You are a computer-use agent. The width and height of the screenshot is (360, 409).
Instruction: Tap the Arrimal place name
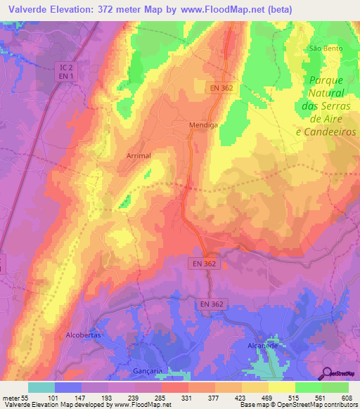(x=139, y=155)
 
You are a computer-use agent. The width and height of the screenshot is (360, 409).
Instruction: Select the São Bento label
(x=326, y=48)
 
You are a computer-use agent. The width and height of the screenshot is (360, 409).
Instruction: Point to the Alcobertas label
(x=83, y=335)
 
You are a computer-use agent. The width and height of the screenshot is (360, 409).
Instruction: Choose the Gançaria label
(x=147, y=370)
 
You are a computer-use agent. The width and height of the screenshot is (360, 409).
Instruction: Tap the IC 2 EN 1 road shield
(x=65, y=70)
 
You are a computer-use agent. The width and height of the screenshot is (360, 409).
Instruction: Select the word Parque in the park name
(x=326, y=80)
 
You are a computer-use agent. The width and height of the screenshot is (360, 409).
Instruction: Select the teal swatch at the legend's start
(x=41, y=387)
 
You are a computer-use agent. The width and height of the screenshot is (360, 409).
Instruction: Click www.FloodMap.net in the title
(x=229, y=8)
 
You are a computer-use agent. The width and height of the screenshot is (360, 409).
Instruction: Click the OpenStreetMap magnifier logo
(x=328, y=373)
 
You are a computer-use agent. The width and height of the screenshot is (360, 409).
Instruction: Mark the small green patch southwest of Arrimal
(x=124, y=203)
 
